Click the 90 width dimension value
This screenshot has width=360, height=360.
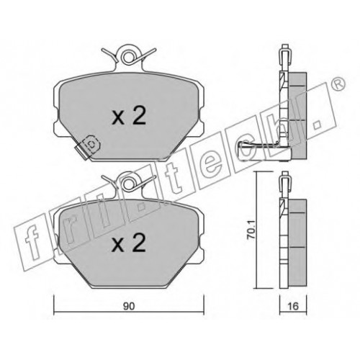tap(129, 306)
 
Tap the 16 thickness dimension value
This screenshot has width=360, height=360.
tap(293, 306)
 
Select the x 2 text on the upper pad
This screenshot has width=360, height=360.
tap(129, 116)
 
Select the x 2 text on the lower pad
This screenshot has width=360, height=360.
tap(129, 243)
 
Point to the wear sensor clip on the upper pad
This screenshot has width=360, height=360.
tap(88, 147)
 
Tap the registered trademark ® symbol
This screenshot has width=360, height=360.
tap(340, 84)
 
